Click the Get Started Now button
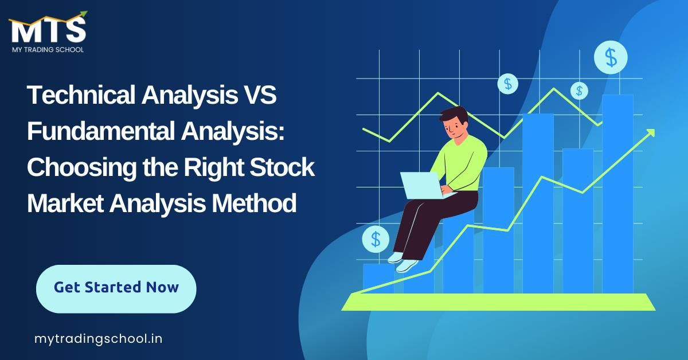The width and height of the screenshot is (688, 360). pos(116,288)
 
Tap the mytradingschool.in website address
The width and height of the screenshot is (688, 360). pos(98,339)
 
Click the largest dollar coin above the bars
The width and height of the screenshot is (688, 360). pos(611,57)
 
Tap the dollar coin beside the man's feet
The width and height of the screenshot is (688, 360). pos(376,239)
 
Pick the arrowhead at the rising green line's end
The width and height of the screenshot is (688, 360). pos(650,133)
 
